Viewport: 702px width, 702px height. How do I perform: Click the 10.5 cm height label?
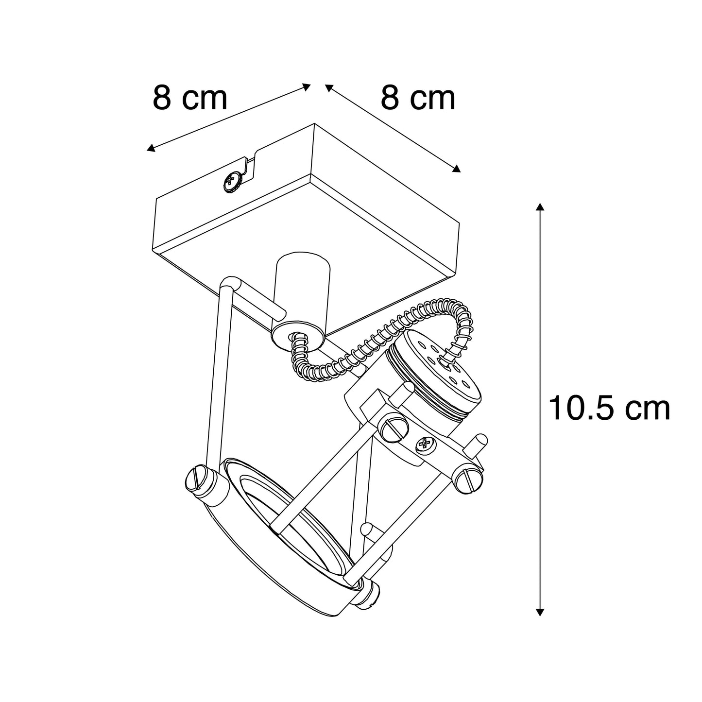pos(609,409)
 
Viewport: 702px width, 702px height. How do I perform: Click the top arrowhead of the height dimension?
pos(540,207)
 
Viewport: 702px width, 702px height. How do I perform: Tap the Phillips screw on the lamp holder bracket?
pos(423,445)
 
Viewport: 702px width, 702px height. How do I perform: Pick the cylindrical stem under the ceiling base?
pos(303,288)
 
